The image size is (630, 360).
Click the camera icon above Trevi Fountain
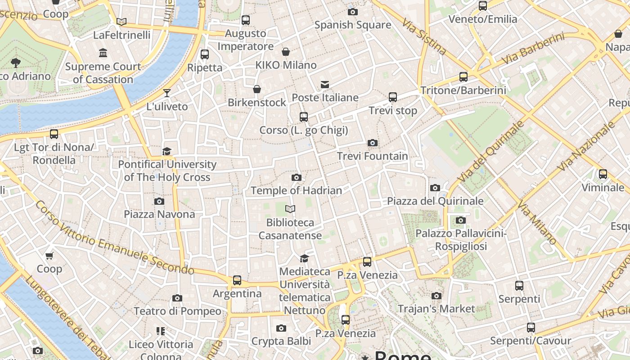click(372, 143)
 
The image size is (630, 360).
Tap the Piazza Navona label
click(159, 214)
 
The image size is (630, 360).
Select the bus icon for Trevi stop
click(392, 97)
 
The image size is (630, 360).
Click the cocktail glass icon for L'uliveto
click(167, 93)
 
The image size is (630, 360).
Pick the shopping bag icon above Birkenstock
click(257, 89)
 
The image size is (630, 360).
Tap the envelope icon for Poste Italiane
click(324, 85)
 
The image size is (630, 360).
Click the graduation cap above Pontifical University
click(167, 151)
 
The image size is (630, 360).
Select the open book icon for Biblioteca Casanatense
click(290, 209)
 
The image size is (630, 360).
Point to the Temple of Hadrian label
click(296, 190)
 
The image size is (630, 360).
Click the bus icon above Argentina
click(237, 280)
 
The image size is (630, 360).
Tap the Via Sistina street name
click(424, 36)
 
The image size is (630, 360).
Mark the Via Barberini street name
click(533, 48)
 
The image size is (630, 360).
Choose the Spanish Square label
click(352, 25)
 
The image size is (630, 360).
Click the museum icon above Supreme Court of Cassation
click(103, 53)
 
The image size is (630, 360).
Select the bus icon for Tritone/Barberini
click(463, 77)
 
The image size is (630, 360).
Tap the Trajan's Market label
click(436, 309)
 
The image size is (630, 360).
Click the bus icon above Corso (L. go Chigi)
click(304, 117)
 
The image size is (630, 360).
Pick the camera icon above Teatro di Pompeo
click(177, 298)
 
